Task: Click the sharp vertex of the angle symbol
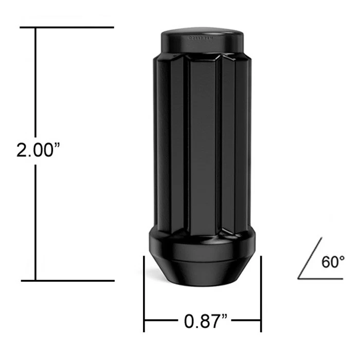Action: click(299, 279)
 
